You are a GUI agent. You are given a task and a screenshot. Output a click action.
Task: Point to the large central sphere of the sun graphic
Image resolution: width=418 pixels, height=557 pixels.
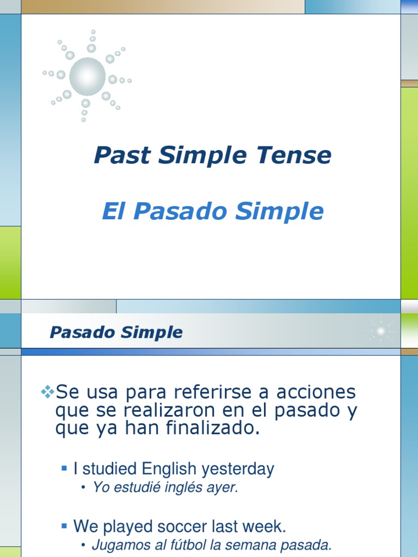point(88,76)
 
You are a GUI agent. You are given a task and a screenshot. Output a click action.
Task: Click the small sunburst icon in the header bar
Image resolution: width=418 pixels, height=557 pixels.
point(381,331)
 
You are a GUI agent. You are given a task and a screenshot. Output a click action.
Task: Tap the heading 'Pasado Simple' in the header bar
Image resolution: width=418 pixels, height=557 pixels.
point(116,332)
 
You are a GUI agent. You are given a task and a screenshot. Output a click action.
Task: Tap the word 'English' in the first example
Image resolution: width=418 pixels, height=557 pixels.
point(169,469)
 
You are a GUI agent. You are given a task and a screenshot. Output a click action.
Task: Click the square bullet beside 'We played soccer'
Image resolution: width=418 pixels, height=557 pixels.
point(64,525)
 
